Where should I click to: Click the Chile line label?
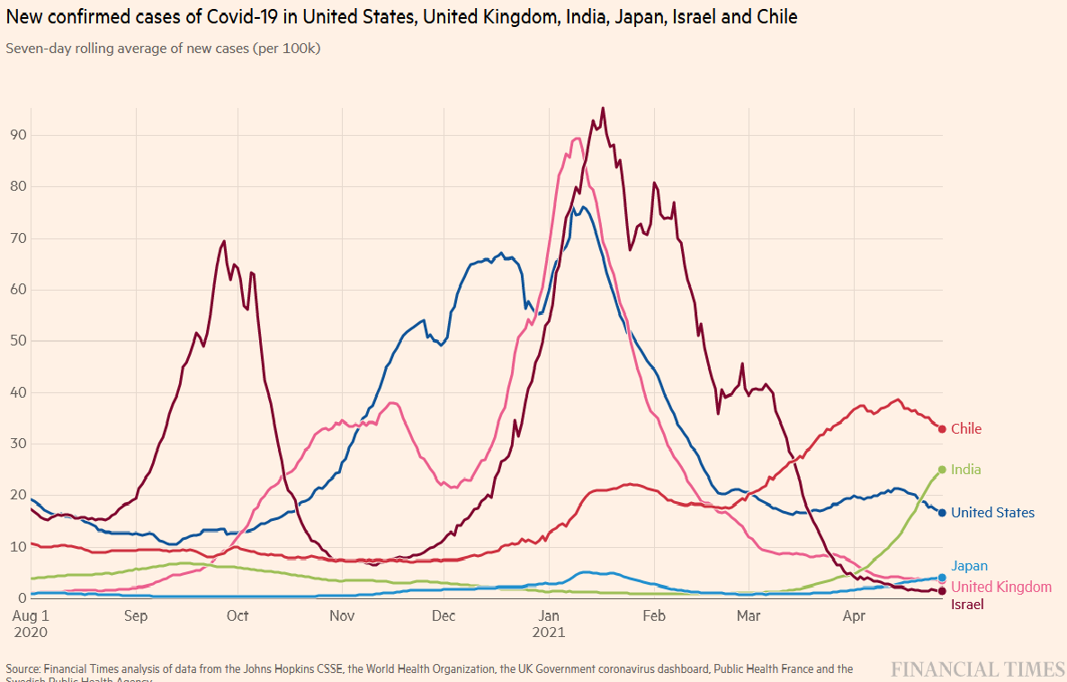pos(966,429)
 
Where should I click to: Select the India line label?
pos(966,470)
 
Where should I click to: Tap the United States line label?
pos(992,513)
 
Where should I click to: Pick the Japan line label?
pos(969,566)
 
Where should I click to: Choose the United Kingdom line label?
pos(1001,587)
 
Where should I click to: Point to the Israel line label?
pos(967,605)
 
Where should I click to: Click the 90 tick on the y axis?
pos(17,135)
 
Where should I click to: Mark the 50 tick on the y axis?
pos(17,341)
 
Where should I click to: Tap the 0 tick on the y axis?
pos(21,598)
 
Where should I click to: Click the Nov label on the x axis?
pos(342,616)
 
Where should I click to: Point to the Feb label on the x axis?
pos(654,616)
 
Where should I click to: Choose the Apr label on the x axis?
pos(854,616)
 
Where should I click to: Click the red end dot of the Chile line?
pos(942,429)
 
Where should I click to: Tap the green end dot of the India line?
pos(942,470)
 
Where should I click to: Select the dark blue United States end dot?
pos(942,513)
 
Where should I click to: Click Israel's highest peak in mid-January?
pos(603,108)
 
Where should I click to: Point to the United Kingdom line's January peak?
pos(577,139)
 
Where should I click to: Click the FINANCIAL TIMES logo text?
pos(978,669)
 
